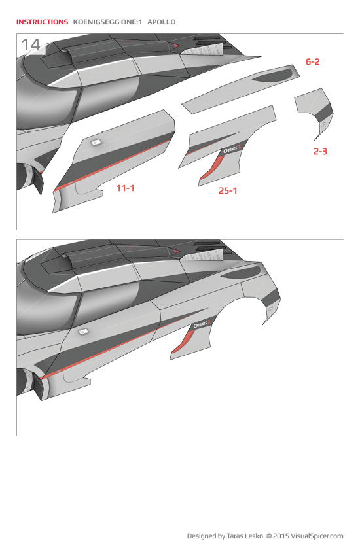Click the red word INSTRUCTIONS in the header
(x=42, y=22)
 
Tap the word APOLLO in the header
(x=162, y=22)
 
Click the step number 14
(x=31, y=44)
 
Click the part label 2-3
(x=320, y=151)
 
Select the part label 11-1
(x=125, y=188)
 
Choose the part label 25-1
(x=228, y=191)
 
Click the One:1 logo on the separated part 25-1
(x=232, y=150)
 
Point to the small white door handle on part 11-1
(x=95, y=141)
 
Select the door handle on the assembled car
(x=83, y=332)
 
